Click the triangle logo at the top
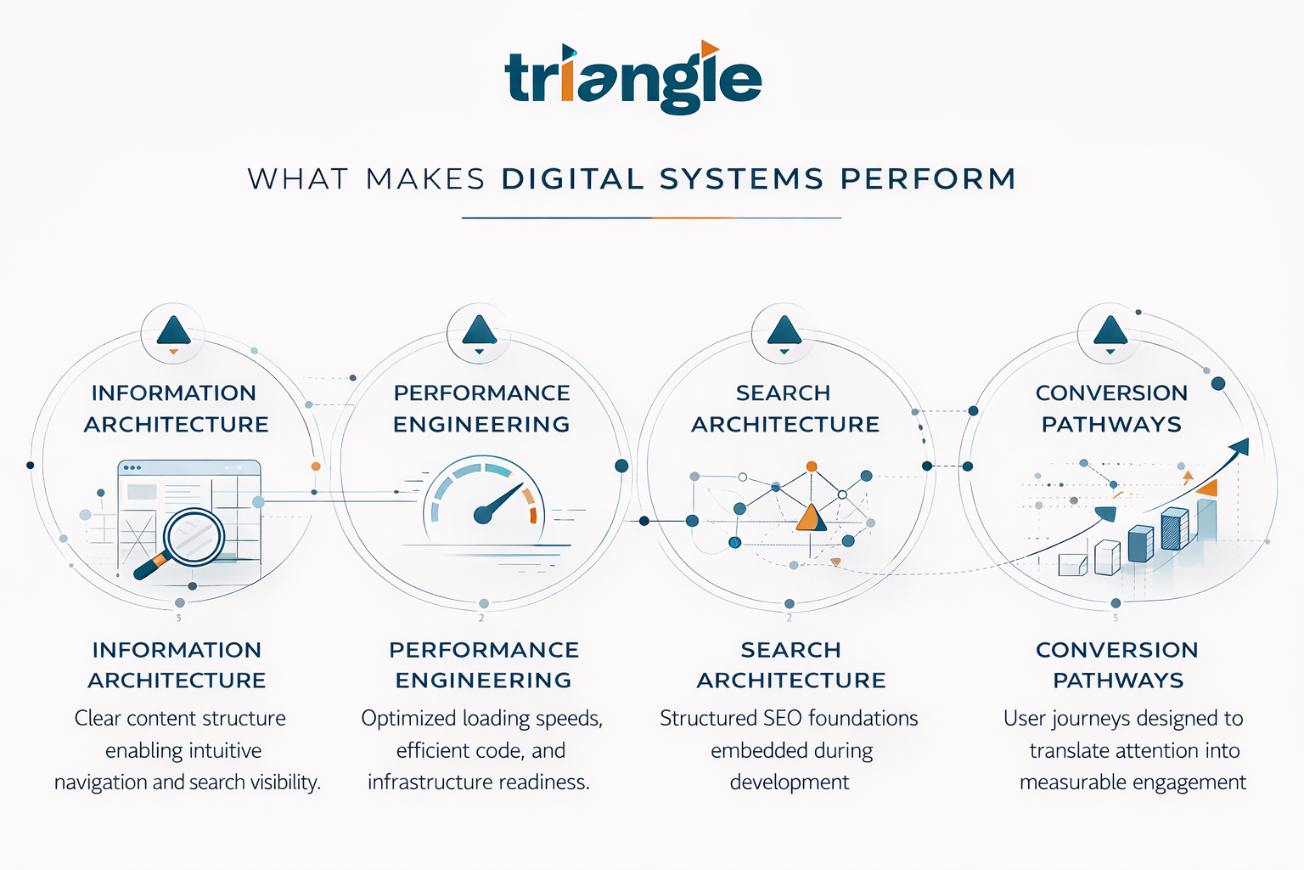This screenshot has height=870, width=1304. [x=632, y=78]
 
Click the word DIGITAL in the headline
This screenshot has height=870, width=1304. [x=572, y=179]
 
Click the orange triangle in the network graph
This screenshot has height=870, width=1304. [x=811, y=517]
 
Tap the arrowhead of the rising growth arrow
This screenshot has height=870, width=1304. [x=1240, y=446]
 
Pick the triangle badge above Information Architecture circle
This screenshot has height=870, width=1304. [x=173, y=331]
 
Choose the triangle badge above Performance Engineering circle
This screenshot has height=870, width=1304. [x=480, y=331]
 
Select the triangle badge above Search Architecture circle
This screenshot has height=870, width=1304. [x=784, y=331]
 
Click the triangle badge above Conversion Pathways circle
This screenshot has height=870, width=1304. [x=1110, y=331]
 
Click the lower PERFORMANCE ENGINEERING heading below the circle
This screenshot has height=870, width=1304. [x=484, y=665]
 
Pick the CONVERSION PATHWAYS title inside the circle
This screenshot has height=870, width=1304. [x=1111, y=409]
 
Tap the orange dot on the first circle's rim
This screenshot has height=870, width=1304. [x=316, y=466]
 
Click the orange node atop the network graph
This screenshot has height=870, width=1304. [x=812, y=466]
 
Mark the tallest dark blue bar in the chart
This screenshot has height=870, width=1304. [x=1174, y=528]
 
